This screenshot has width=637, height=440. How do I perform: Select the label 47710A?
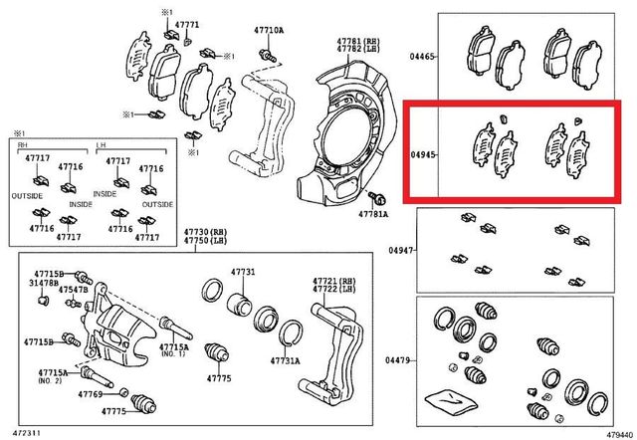coord(269,31)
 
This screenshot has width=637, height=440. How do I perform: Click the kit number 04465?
coord(423,58)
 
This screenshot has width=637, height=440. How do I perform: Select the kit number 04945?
coord(423,155)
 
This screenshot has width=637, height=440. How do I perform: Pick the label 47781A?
coord(373,214)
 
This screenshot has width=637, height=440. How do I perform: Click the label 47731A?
coord(286,361)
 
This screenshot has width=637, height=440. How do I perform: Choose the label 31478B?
coord(45,283)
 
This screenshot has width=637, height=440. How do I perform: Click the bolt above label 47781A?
coord(381,198)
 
